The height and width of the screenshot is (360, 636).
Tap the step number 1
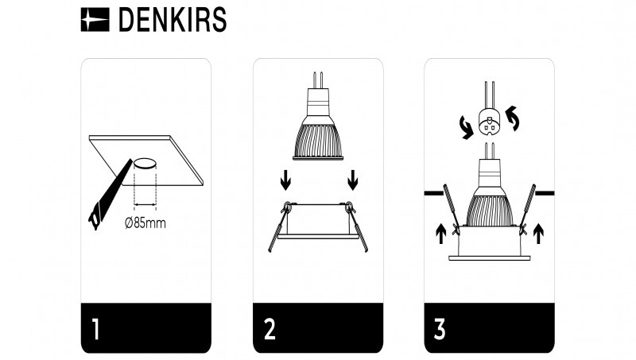coord(96,328)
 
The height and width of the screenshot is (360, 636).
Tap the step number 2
coord(270,328)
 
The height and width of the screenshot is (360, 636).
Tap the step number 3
coord(440,328)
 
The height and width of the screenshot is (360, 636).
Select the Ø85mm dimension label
coord(145,223)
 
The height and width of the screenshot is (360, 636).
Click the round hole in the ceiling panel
coord(145,165)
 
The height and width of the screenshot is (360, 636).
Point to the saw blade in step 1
coord(107,195)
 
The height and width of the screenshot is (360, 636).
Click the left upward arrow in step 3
coord(440,233)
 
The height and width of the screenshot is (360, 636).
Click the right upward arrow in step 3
coord(538,233)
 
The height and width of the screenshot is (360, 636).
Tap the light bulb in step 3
coord(488,195)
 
